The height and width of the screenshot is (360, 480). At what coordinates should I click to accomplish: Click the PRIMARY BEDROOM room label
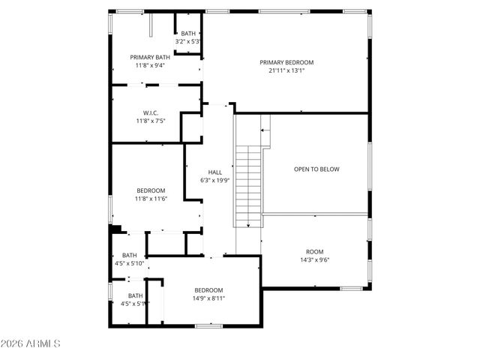coord(286,62)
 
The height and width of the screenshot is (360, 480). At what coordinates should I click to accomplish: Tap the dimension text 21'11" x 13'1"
coord(286,71)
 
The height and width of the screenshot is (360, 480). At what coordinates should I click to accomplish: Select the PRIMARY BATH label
coord(150,57)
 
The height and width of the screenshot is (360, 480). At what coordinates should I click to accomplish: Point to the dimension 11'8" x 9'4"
coord(150,65)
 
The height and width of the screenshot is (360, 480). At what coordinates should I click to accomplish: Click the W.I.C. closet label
coord(151,112)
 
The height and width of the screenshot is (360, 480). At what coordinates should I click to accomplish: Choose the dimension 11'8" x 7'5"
coord(151,121)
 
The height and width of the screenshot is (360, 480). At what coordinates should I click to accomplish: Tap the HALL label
coord(214,172)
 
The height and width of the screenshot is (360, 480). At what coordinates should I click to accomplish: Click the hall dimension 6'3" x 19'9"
coord(214,180)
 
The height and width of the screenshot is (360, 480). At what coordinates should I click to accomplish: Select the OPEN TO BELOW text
coord(316,169)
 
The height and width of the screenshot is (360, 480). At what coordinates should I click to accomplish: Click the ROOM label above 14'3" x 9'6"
coord(314,252)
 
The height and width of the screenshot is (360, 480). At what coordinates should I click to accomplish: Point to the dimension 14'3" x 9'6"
coord(314,260)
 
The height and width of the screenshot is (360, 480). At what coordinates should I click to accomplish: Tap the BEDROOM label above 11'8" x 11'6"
coord(151,190)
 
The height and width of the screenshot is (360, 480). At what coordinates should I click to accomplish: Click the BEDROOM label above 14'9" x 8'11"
coord(208,290)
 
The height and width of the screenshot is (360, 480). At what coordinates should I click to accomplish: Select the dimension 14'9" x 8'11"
coord(208,298)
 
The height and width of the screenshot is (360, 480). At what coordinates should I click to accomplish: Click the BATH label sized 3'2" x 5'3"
coord(187,33)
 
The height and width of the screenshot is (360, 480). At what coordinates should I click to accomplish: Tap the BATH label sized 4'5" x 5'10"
coord(130,255)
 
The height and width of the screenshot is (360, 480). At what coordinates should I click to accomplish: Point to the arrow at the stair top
coord(263,130)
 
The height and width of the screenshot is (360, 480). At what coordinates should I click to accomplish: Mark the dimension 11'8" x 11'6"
coord(151,199)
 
